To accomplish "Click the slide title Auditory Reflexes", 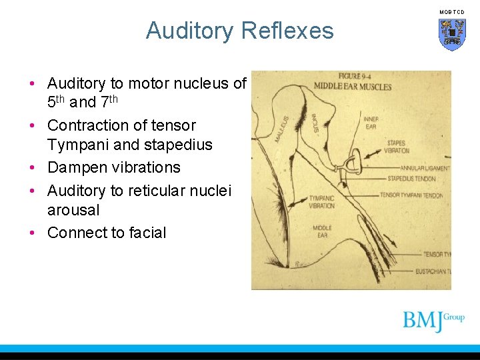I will (x=239, y=31).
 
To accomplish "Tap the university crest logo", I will (x=452, y=34).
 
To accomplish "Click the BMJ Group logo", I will (x=433, y=320).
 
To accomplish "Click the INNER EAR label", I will (x=371, y=123).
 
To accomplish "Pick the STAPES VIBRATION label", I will (x=395, y=147).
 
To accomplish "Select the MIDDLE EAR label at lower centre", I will (x=323, y=231).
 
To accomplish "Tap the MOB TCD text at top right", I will (x=451, y=12).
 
